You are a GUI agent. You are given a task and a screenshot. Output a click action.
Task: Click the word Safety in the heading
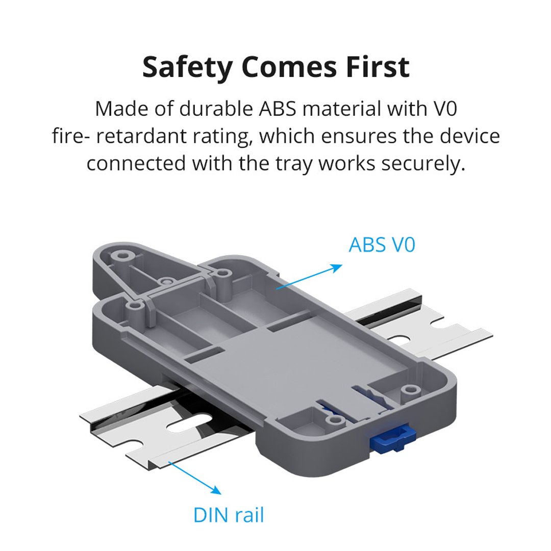[x=188, y=67]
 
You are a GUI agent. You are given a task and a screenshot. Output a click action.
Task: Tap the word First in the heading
[x=378, y=67]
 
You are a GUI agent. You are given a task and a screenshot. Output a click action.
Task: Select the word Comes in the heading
[x=289, y=67]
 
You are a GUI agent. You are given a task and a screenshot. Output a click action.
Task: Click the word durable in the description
[x=216, y=109]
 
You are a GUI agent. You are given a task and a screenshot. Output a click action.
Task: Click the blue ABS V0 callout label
[x=382, y=244]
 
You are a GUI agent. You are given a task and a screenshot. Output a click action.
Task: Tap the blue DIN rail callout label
[x=229, y=515]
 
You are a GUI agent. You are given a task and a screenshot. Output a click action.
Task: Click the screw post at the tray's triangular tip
[x=122, y=256]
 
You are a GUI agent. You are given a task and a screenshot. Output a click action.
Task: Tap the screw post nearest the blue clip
[x=334, y=420]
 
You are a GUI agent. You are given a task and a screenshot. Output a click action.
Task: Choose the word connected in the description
[x=136, y=164]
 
